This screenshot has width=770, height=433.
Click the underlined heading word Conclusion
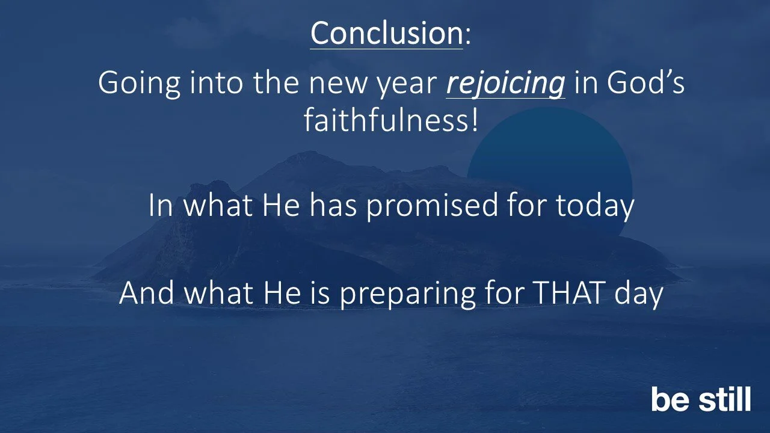click(x=386, y=34)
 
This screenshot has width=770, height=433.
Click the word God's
click(x=645, y=84)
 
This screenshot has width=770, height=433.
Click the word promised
click(x=433, y=206)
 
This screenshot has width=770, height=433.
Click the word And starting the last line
click(x=147, y=293)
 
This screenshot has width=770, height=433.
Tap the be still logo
click(x=701, y=400)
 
